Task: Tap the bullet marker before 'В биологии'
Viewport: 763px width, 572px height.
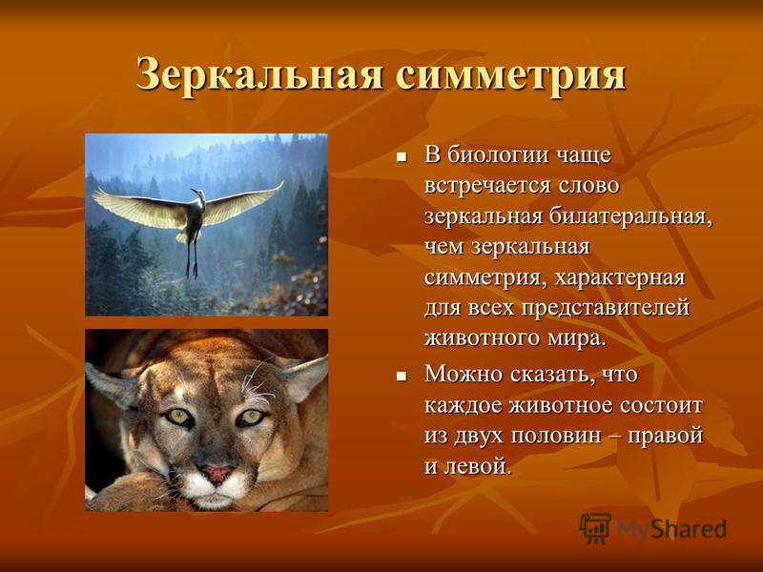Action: coord(402,157)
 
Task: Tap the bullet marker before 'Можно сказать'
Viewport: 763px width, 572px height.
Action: coord(402,377)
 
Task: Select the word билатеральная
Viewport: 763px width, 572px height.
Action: coord(630,216)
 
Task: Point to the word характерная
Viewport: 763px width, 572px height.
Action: coord(620,277)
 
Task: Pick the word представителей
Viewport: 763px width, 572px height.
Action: coord(606,308)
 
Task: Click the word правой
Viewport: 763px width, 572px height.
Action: coord(666,435)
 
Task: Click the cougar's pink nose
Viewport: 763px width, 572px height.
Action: coord(216,473)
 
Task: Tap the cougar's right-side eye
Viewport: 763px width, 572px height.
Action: coord(251,417)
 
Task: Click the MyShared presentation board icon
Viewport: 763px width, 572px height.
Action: coord(595,527)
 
